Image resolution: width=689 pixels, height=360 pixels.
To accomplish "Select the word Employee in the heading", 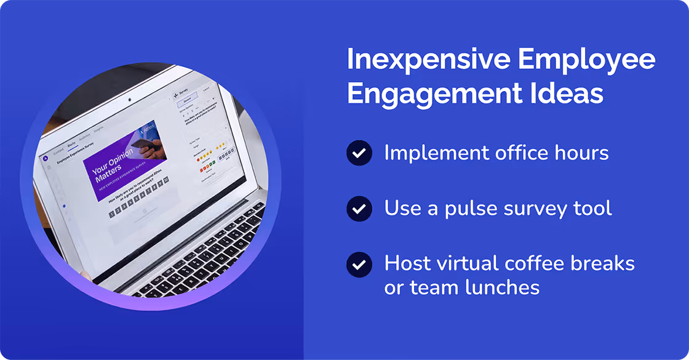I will (587, 60).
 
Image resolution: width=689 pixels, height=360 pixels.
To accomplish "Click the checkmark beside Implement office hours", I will (359, 153).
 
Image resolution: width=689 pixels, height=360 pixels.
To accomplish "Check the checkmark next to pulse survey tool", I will (359, 209).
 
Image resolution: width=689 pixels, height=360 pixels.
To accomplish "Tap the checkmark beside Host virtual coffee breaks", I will (359, 264).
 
